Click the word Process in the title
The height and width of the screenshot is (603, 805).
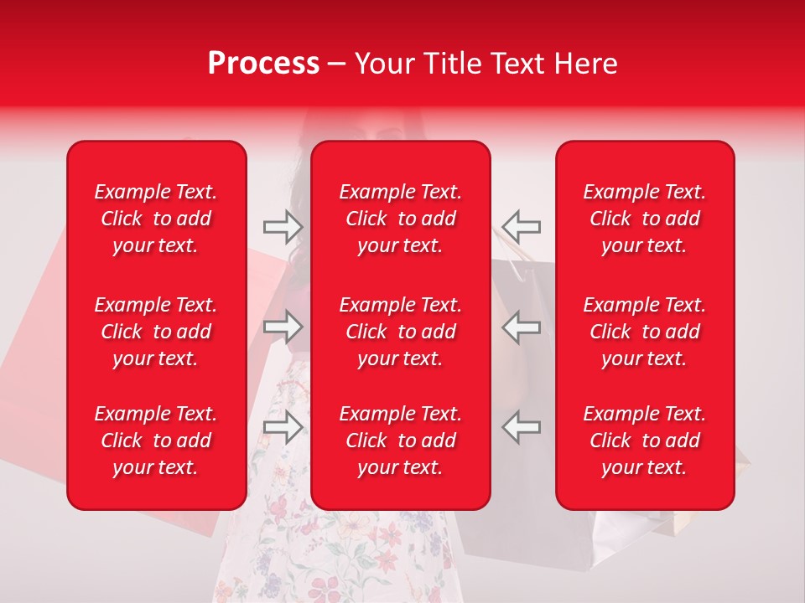click(263, 64)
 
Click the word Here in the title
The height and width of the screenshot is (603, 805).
click(585, 64)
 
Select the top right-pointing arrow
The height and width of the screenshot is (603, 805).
click(283, 226)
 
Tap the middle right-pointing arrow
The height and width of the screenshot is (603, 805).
click(283, 327)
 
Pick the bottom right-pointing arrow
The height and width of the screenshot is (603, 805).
click(283, 427)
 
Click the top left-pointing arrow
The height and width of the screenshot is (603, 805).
click(521, 226)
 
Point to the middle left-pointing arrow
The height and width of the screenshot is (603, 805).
click(521, 327)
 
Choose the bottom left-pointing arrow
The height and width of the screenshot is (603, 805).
click(521, 427)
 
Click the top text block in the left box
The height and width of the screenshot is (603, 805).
click(156, 219)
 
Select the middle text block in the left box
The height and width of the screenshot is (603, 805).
click(156, 332)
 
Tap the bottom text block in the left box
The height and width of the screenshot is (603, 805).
click(156, 441)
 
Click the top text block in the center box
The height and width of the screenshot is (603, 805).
click(400, 219)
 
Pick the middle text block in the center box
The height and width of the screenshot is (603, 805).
click(400, 332)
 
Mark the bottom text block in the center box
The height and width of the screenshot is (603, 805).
click(400, 441)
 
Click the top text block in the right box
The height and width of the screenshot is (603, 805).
click(645, 219)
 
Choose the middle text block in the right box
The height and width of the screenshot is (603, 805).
click(645, 332)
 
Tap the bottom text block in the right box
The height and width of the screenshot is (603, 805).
click(645, 441)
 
